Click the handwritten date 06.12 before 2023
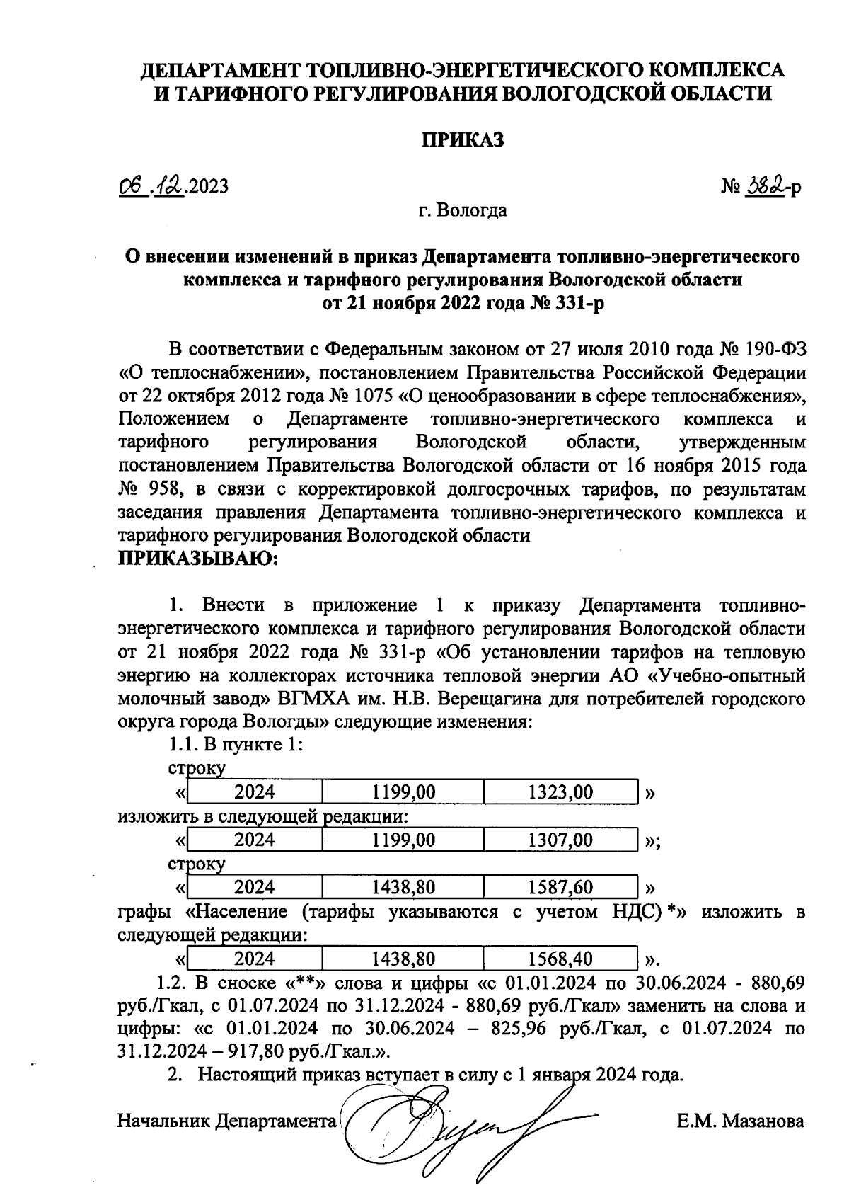tap(151, 185)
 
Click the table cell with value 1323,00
tap(560, 792)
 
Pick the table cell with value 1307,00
tap(560, 840)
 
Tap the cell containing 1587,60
tap(560, 887)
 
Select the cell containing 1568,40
tap(560, 959)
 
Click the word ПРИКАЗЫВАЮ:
tap(199, 559)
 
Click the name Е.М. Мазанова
tap(740, 1121)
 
